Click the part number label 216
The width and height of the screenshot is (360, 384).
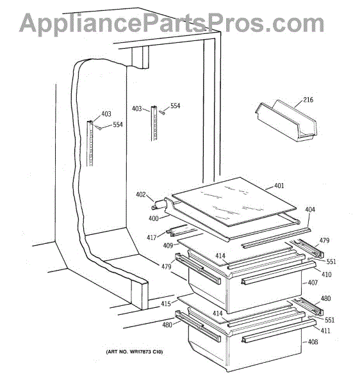[308, 100]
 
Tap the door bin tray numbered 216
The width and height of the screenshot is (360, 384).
[286, 121]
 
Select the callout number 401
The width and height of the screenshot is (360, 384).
[279, 186]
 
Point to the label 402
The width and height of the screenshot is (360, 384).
[141, 195]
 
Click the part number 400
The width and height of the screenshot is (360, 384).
[154, 218]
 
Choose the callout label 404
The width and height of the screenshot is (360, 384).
[310, 209]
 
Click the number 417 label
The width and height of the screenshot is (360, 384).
[152, 237]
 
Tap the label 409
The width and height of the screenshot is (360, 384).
[168, 245]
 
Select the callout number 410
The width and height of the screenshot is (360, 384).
[326, 275]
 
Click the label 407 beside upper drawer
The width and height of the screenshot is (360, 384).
[313, 283]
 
